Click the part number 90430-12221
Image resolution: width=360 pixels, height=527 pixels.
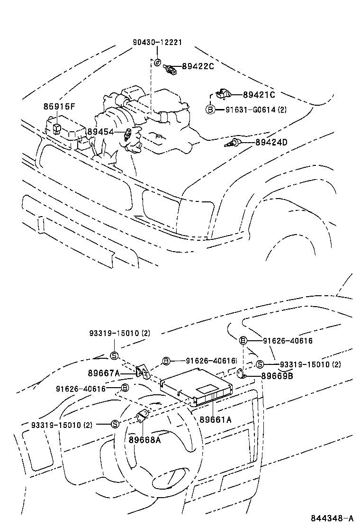pos(157,43)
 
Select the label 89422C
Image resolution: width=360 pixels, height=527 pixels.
pos(198,66)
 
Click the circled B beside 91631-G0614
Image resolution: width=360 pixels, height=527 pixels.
pos(210,109)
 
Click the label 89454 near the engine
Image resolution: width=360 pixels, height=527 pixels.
pos(101,131)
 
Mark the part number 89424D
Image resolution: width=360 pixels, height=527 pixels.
pos(271,142)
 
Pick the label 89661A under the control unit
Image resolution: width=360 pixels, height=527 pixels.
pos(215,419)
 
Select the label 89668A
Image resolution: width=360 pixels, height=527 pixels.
pos(144,439)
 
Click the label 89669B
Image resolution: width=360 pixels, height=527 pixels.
pos(277,376)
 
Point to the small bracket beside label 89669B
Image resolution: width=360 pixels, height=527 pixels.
pos(241,374)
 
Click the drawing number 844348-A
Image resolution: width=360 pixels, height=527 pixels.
pos(332,517)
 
